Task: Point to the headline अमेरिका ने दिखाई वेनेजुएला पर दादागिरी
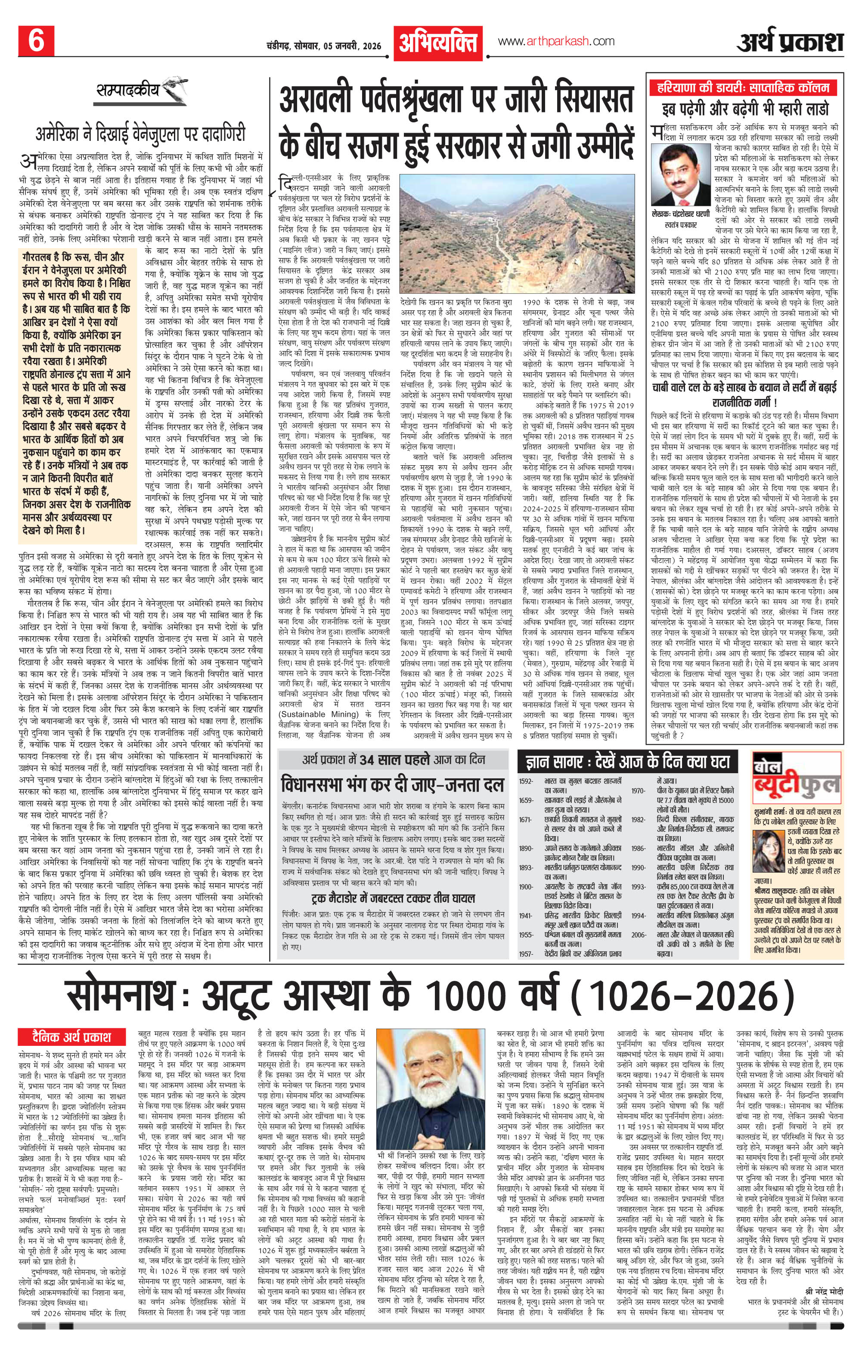click(141, 135)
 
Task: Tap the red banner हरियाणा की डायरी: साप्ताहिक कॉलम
click(743, 88)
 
